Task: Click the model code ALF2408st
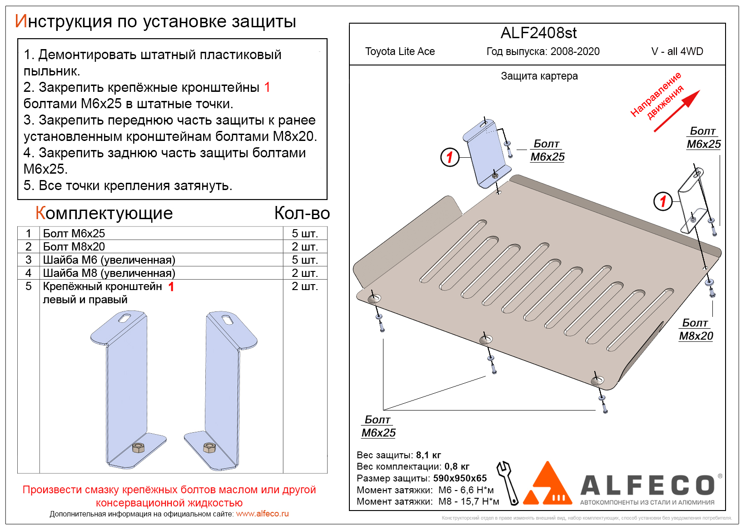point(538,33)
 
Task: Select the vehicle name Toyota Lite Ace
point(400,51)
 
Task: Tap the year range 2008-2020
point(575,51)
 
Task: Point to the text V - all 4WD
point(677,51)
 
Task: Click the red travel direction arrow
point(676,111)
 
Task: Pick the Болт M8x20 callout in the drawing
point(696,330)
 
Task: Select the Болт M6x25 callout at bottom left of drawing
point(378,426)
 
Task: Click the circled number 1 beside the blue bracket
point(450,157)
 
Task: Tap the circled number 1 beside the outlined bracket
point(663,201)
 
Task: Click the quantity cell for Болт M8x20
point(304,247)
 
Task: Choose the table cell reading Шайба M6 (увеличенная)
point(109,260)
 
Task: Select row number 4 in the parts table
point(29,273)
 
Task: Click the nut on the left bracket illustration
point(138,447)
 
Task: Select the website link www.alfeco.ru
point(262,514)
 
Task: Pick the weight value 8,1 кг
point(428,455)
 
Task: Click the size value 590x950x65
point(460,478)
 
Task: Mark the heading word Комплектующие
point(104,213)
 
